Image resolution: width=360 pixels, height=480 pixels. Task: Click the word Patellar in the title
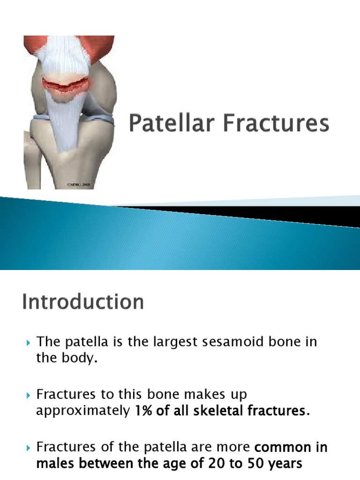163,124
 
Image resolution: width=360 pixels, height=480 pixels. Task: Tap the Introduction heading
82,302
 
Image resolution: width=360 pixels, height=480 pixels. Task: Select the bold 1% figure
143,412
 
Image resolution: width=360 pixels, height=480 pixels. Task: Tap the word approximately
82,412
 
